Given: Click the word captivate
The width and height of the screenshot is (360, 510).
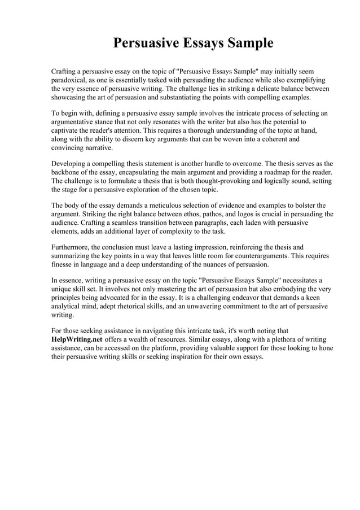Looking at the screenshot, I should (67, 130).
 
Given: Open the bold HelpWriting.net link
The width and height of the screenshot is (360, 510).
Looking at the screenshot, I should (77, 339).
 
